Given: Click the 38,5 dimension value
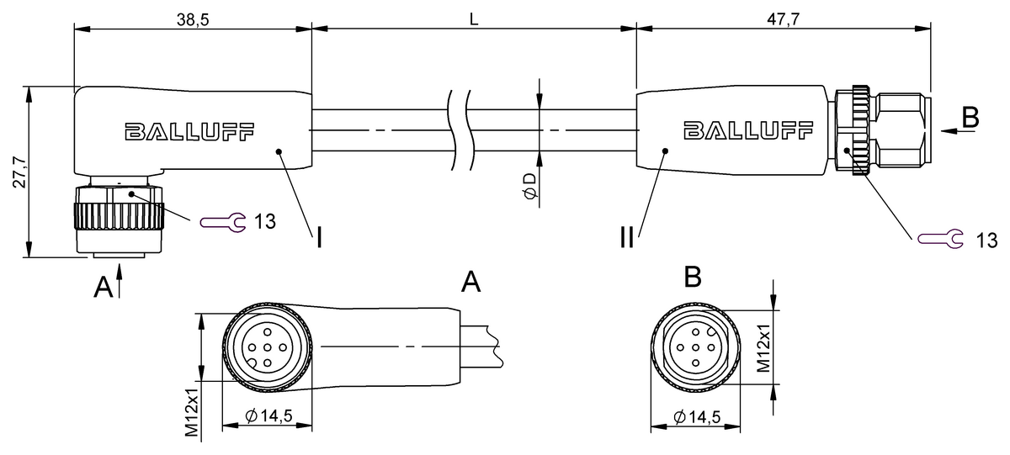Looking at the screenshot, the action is [193, 19].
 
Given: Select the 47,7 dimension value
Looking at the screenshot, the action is [784, 19].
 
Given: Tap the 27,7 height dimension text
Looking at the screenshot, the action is [19, 172].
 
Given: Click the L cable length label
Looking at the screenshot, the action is [473, 19].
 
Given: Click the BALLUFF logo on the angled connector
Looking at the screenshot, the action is [190, 131].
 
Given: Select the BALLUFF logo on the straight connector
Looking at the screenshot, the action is [748, 130].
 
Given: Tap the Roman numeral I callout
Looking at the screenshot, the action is [319, 237].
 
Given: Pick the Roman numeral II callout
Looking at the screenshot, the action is [627, 237].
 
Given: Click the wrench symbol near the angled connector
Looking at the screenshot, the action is [223, 222].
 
